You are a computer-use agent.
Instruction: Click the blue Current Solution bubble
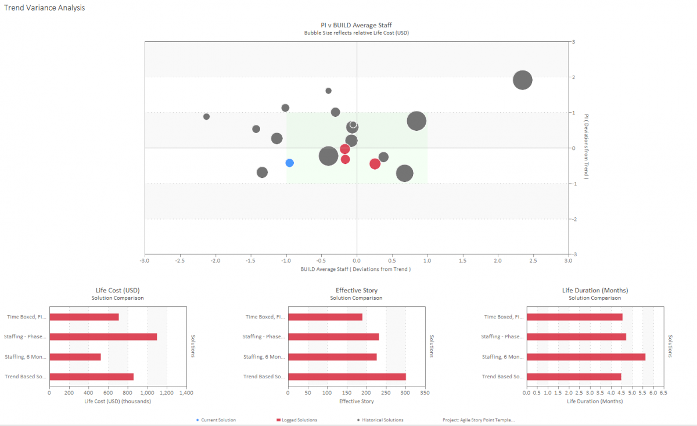pyautogui.click(x=289, y=163)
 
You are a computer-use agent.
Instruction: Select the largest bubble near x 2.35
pyautogui.click(x=523, y=80)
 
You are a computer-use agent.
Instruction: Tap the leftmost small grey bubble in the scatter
pyautogui.click(x=206, y=117)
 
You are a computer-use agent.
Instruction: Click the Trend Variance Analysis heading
pyautogui.click(x=44, y=8)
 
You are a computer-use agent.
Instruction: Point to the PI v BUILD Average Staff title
pyautogui.click(x=356, y=25)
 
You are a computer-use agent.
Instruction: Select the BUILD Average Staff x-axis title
pyautogui.click(x=355, y=270)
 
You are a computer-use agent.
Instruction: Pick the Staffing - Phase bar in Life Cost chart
pyautogui.click(x=103, y=336)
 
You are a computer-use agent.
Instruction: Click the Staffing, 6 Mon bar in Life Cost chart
pyautogui.click(x=75, y=357)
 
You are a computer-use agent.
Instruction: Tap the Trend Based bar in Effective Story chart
pyautogui.click(x=347, y=377)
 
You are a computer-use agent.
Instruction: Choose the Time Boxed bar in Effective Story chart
pyautogui.click(x=325, y=317)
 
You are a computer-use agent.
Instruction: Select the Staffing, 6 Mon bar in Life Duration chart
pyautogui.click(x=585, y=357)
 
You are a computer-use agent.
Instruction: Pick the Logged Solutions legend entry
pyautogui.click(x=299, y=420)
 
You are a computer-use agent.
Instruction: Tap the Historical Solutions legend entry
pyautogui.click(x=381, y=420)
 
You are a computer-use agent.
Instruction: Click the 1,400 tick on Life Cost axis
pyautogui.click(x=186, y=393)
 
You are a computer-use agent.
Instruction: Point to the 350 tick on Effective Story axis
pyautogui.click(x=425, y=393)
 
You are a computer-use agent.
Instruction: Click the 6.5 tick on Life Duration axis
pyautogui.click(x=663, y=393)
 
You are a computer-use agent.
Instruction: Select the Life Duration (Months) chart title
pyautogui.click(x=595, y=290)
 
